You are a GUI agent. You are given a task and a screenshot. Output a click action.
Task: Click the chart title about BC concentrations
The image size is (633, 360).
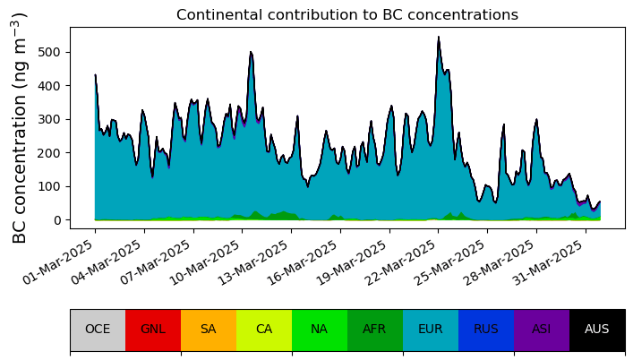(x=347, y=14)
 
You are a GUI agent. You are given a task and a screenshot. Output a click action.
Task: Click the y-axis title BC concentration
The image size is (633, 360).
(x=20, y=127)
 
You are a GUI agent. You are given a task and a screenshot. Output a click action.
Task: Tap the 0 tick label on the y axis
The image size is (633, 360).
(x=56, y=220)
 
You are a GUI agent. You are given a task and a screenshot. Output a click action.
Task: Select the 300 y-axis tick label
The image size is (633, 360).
(x=48, y=119)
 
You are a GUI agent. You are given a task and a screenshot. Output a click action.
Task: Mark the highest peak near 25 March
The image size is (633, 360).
(x=439, y=37)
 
